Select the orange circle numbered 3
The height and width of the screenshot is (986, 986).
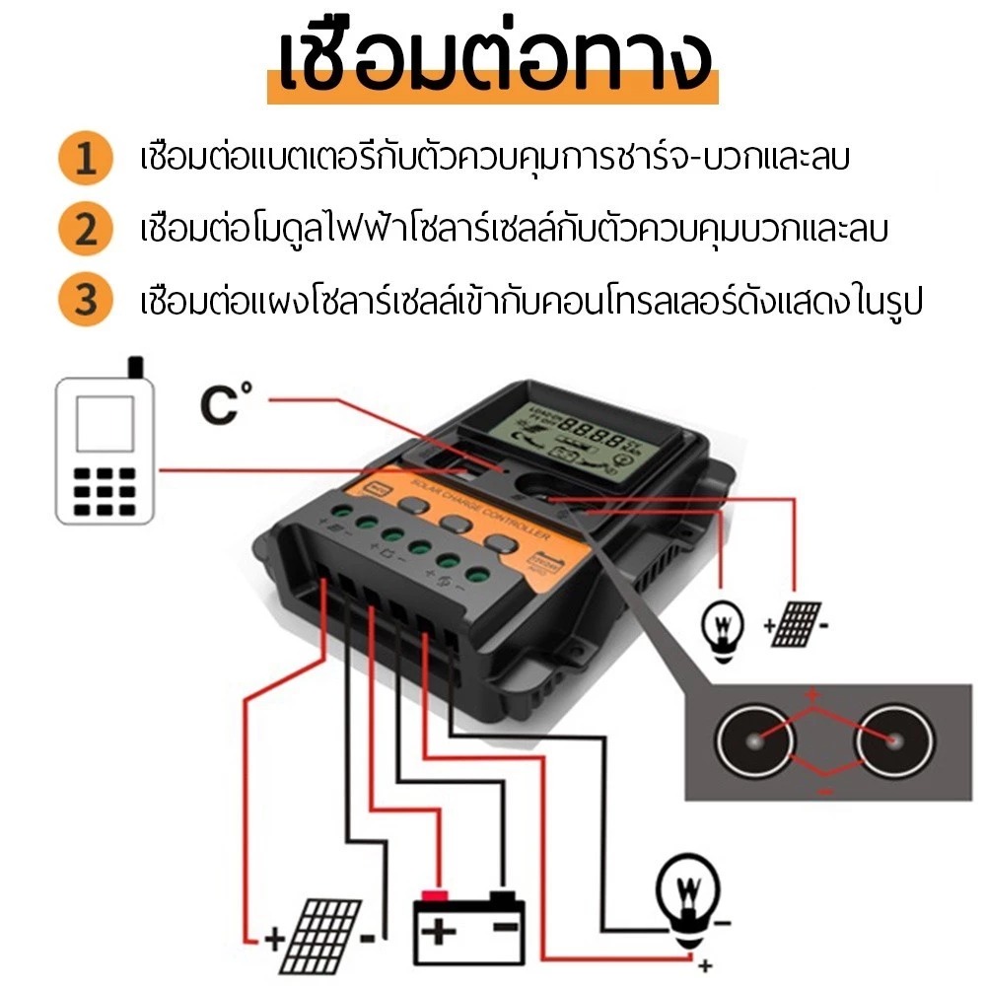[x=87, y=299]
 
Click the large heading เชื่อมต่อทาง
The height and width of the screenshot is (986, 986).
[x=494, y=61]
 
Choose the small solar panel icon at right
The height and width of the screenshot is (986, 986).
[x=797, y=621]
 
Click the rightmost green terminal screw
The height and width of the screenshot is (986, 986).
[x=480, y=575]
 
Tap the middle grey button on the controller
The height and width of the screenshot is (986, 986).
[x=457, y=525]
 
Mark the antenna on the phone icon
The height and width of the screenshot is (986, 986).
[x=135, y=369]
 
